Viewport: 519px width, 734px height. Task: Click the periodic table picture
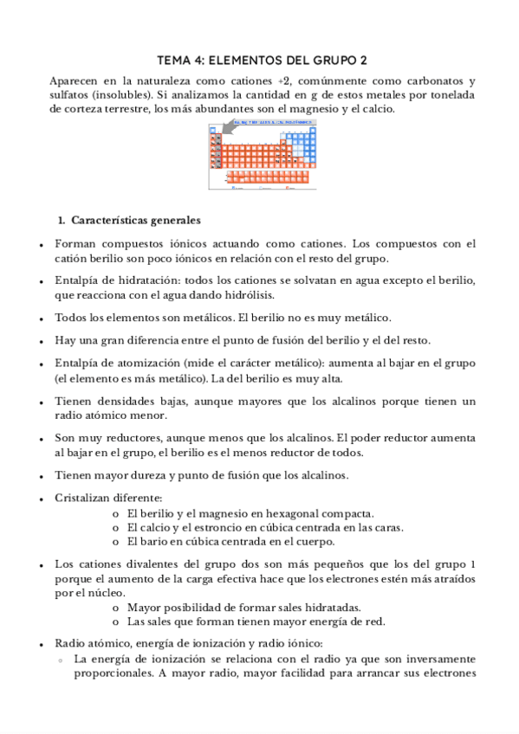click(260, 156)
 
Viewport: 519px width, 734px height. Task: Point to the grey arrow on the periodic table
click(228, 130)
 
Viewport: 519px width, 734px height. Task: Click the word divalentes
click(146, 564)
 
